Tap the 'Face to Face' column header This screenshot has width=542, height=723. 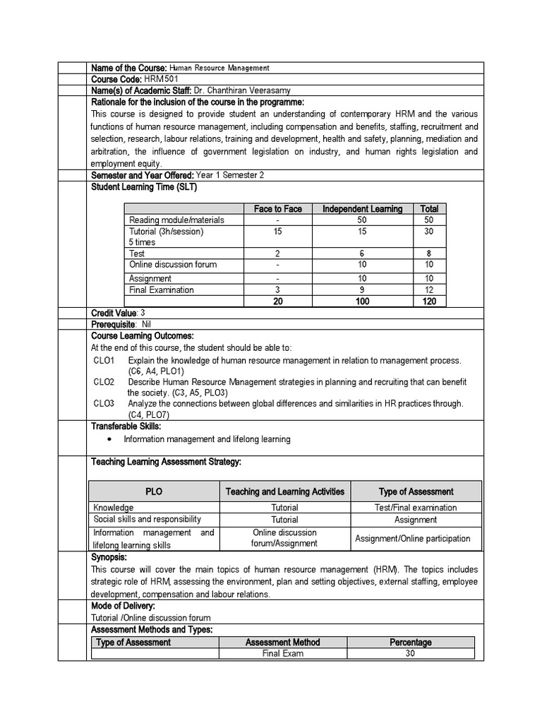(x=278, y=208)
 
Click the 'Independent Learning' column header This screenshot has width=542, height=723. (x=362, y=208)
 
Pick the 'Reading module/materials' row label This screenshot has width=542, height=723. (x=176, y=220)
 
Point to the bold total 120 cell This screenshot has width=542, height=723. (x=429, y=301)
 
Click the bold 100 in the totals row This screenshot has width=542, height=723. (x=362, y=301)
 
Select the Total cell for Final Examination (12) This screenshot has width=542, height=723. (x=429, y=289)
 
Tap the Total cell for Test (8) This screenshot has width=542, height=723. (x=429, y=253)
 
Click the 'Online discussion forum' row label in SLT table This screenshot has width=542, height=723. (x=173, y=264)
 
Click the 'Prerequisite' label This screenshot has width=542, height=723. (x=114, y=324)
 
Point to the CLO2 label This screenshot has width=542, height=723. (x=104, y=382)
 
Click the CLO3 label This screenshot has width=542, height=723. (x=104, y=403)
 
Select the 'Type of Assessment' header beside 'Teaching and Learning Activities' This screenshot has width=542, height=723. (x=416, y=491)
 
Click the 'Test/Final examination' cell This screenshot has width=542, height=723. (x=416, y=507)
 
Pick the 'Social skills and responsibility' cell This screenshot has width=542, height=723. (x=147, y=519)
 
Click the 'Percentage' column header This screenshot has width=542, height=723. (x=410, y=643)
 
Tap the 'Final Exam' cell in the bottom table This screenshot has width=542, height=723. (x=282, y=654)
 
